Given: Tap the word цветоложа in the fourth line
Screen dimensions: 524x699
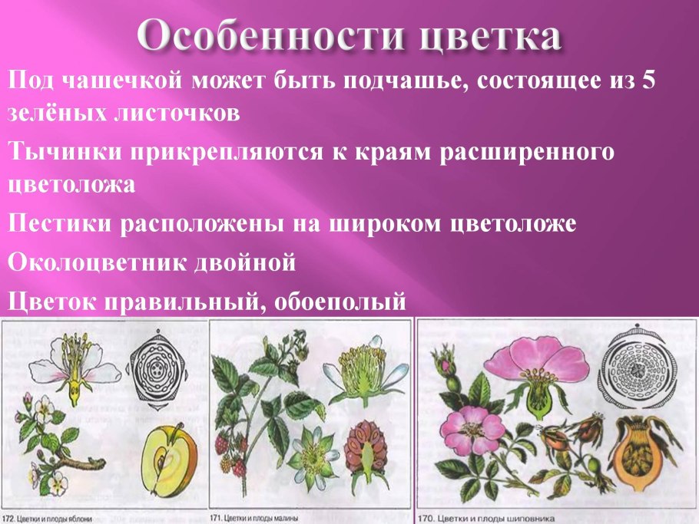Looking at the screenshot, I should coord(72,186).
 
